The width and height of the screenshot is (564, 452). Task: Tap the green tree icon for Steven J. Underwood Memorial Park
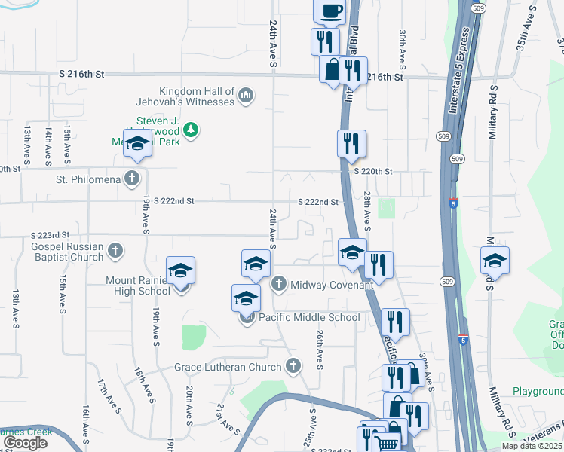tap(192, 130)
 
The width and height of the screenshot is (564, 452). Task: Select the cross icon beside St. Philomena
tap(132, 179)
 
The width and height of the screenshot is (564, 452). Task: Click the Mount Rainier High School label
tap(138, 286)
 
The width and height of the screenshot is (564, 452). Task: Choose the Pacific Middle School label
tap(309, 317)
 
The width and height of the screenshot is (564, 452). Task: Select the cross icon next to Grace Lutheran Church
tap(294, 367)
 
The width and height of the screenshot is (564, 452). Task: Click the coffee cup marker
tap(330, 11)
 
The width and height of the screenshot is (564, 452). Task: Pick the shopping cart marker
tap(388, 443)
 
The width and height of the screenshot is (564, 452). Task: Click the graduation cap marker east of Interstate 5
tap(495, 261)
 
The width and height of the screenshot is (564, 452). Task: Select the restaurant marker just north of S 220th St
tap(351, 143)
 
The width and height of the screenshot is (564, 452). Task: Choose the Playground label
tap(538, 392)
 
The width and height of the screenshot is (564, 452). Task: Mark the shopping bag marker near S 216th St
tap(333, 70)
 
